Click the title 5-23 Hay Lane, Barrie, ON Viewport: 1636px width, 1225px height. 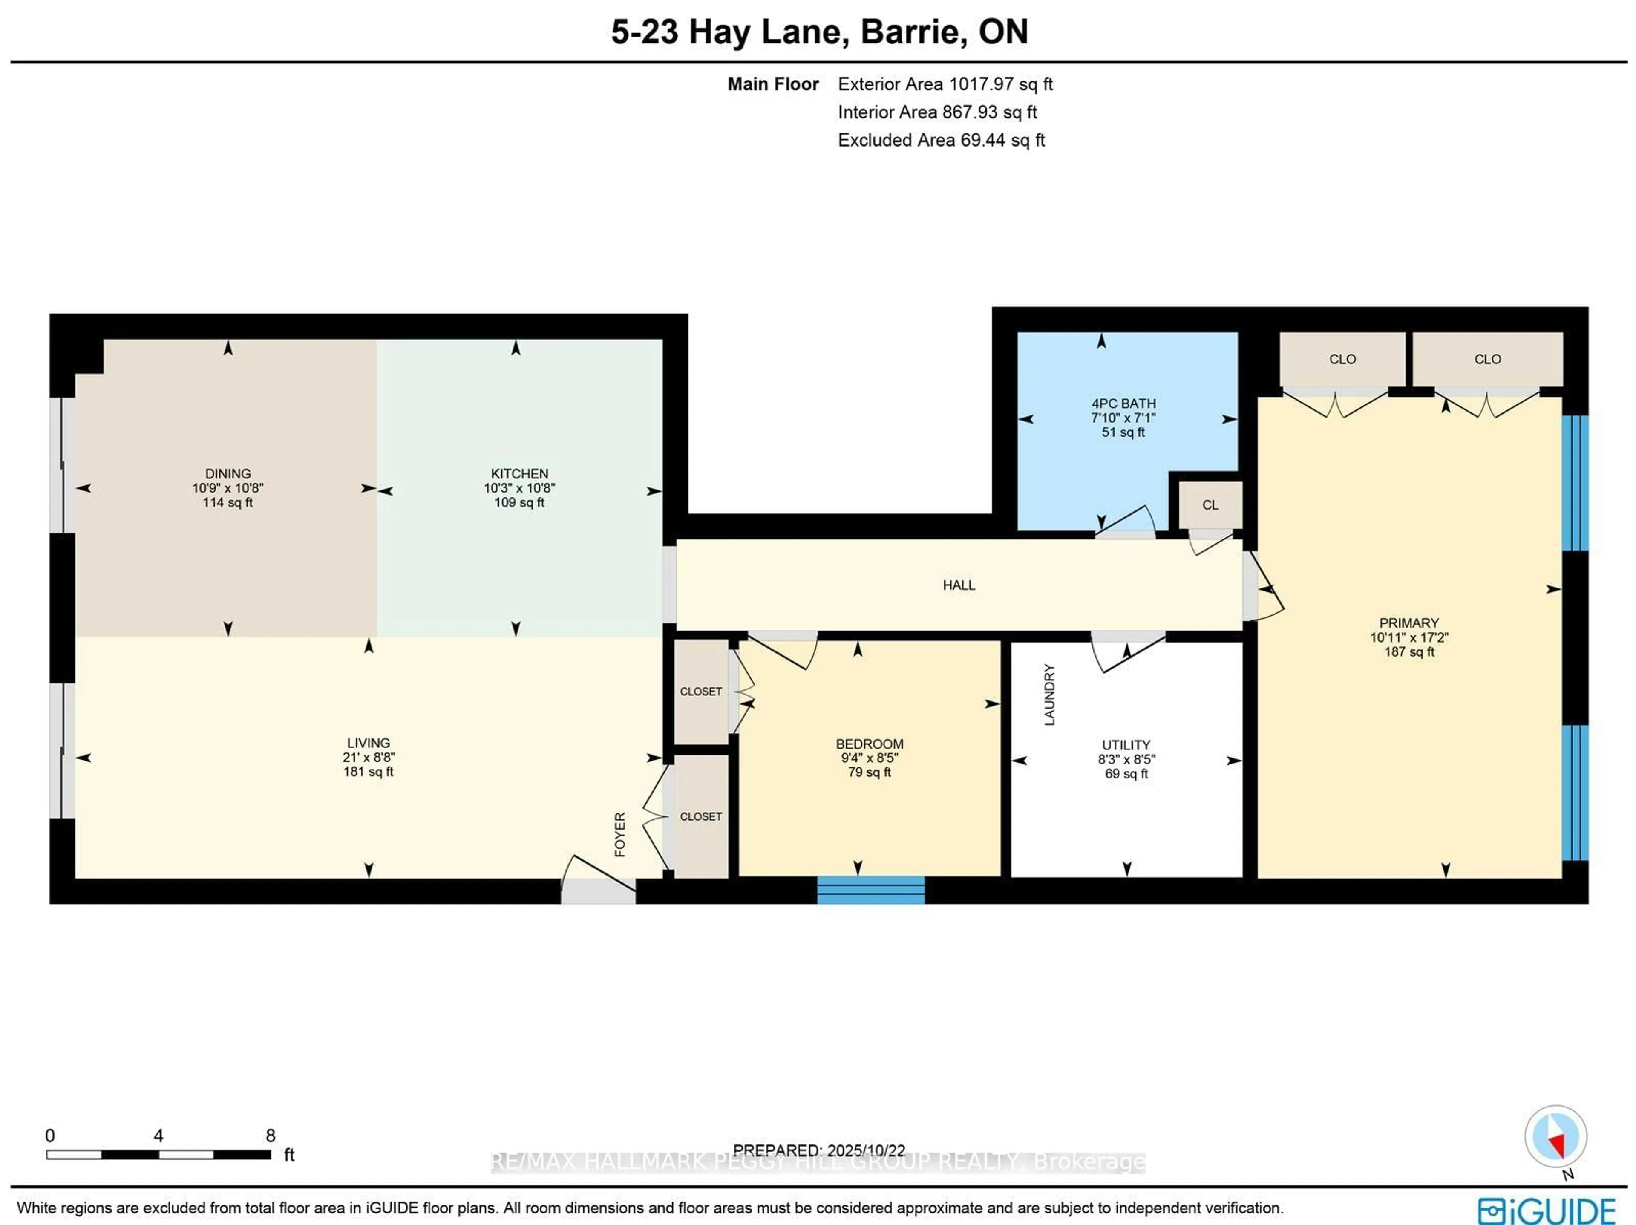[x=819, y=32]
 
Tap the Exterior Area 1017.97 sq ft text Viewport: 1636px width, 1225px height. [x=945, y=84]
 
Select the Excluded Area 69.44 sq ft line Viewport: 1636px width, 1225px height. [x=941, y=140]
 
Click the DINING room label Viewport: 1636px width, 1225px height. [x=228, y=473]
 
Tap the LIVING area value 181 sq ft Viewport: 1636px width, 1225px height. [x=369, y=772]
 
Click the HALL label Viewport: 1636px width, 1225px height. [x=959, y=585]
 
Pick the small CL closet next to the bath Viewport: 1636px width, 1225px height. [x=1210, y=505]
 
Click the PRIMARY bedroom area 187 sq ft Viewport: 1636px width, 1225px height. [x=1409, y=652]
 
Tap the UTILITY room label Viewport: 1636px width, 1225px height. [x=1126, y=745]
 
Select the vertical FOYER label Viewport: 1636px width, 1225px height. [x=620, y=834]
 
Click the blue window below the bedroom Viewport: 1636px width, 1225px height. [x=870, y=890]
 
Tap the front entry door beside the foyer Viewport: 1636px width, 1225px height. [x=598, y=882]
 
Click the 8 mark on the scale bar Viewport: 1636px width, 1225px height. [x=270, y=1136]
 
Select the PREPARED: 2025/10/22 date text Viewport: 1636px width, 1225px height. [x=819, y=1150]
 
